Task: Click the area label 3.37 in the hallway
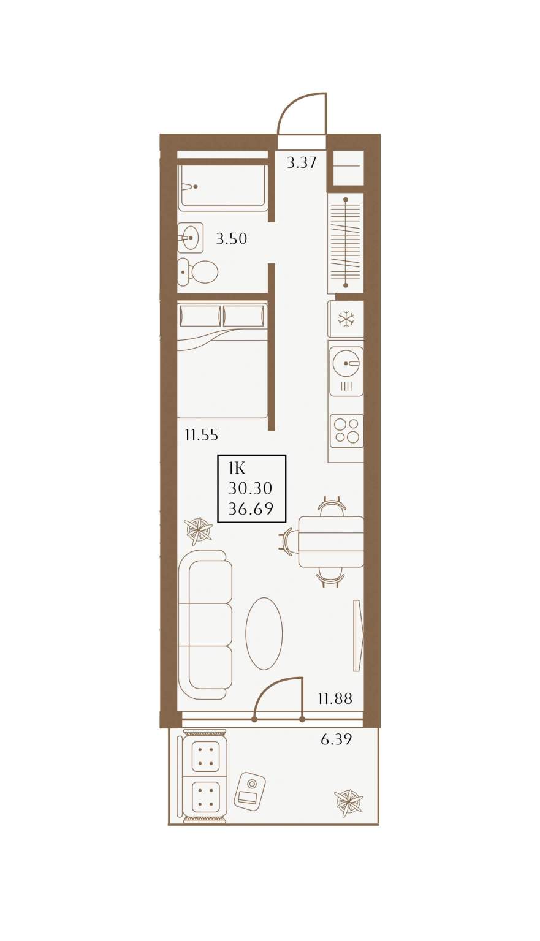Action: click(x=302, y=162)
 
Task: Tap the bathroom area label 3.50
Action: click(x=232, y=238)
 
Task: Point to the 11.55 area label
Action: click(x=202, y=435)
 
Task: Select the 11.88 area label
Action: click(x=335, y=699)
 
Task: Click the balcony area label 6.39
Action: click(x=336, y=739)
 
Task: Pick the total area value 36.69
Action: click(x=251, y=509)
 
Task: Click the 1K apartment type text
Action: click(x=237, y=467)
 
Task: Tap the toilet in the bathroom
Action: click(x=197, y=272)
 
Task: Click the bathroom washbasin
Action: click(x=191, y=238)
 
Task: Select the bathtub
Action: click(x=222, y=187)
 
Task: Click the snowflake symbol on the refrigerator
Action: click(x=346, y=319)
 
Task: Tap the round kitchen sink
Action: click(x=346, y=363)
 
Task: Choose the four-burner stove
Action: click(x=346, y=431)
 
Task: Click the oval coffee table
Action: click(x=264, y=633)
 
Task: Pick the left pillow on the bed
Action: click(x=200, y=316)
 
